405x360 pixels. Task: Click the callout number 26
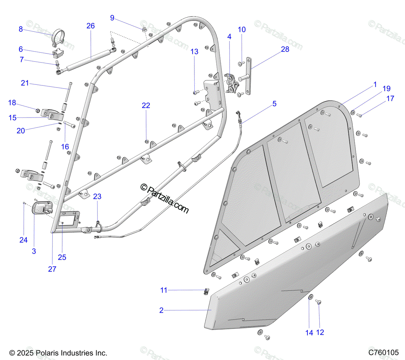point(90,26)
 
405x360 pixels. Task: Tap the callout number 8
point(21,29)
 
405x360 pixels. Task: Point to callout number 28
point(285,49)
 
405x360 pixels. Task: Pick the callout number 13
point(194,52)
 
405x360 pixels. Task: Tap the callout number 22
point(146,106)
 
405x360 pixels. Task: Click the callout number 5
point(274,104)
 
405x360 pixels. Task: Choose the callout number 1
point(375,84)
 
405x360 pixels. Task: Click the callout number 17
point(390,99)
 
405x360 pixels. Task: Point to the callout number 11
point(164,290)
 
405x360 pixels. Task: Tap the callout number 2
point(161,310)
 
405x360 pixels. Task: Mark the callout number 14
point(309,333)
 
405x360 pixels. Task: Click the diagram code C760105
point(383,353)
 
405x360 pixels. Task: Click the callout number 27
point(52,269)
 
